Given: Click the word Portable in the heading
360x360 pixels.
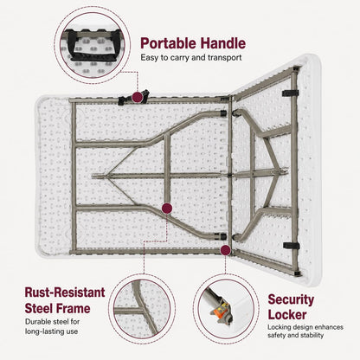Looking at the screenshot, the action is coord(169,43).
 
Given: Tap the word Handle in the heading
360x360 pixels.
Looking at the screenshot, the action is coord(223,43).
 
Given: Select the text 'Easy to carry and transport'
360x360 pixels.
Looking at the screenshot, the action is coord(191,58).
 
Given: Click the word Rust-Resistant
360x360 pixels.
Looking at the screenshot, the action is coord(65,292).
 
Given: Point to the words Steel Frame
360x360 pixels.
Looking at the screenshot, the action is coord(57,308).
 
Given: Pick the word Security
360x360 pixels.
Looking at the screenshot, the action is coord(291,300).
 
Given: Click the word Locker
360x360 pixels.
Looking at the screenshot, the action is coord(287,314).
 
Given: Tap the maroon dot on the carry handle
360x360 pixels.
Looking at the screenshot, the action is coord(138,97).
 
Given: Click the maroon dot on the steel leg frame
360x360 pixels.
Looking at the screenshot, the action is coord(167,208).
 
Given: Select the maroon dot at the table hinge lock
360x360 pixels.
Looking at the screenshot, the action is coord(226,250).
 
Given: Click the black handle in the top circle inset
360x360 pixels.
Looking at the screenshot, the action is coord(93,46).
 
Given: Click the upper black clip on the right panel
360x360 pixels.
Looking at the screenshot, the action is coord(291,93).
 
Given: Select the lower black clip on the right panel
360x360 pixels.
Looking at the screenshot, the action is coord(292,246).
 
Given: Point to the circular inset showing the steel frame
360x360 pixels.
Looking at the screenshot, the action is coord(142,309).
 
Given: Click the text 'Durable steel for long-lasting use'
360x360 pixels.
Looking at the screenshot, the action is coord(53,326).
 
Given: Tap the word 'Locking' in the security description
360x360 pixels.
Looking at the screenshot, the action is coord(279,327).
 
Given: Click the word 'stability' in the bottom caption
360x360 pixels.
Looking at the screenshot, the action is coord(312,335).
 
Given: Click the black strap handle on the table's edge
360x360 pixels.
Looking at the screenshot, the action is coord(133,98).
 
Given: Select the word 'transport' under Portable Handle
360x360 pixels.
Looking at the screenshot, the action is coord(224,58).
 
